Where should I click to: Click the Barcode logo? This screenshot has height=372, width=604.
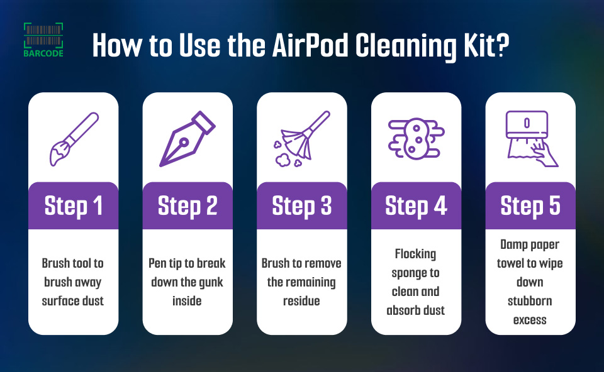pos(43,40)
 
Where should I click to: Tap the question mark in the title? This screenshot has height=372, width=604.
pos(503,45)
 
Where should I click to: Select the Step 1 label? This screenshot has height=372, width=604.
pos(73,206)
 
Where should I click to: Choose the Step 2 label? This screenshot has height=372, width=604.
pos(187,206)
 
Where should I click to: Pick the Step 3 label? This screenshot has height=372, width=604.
pos(301,206)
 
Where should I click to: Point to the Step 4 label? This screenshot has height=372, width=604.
pos(416,206)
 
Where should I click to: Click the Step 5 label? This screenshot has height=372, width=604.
pos(530,206)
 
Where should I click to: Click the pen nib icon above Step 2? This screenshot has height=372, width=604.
pos(187,139)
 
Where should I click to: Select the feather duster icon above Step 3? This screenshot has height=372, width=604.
pos(301,139)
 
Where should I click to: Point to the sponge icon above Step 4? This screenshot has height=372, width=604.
pos(416,139)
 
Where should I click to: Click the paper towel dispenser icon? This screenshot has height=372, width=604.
pos(532,139)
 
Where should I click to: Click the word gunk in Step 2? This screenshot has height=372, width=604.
pos(211,283)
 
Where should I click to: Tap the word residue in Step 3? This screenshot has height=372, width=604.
pos(301,301)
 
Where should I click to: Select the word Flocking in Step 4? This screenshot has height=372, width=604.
pos(416,254)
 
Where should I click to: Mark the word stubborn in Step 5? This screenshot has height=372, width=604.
pos(530,301)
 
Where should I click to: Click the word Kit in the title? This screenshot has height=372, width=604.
pos(479,45)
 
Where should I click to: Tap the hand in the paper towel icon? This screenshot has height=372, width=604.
pos(545,154)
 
